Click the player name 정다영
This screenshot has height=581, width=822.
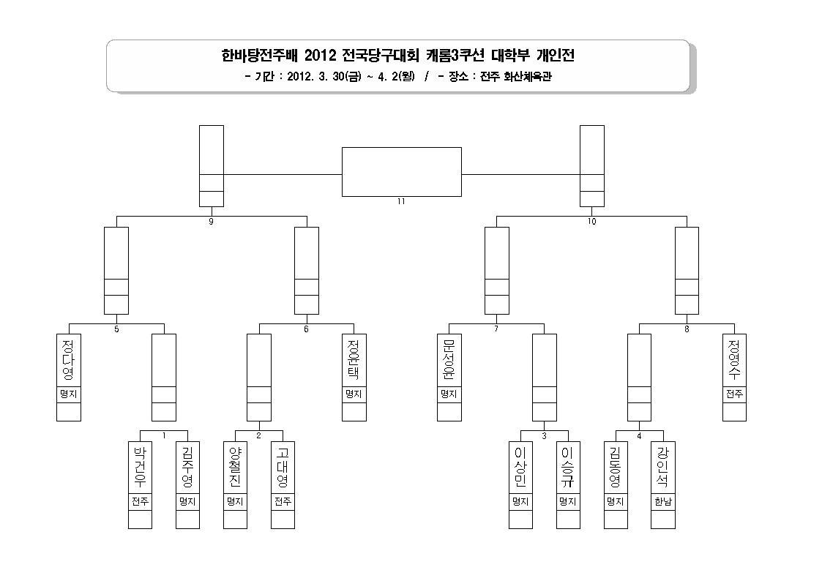pyautogui.click(x=68, y=360)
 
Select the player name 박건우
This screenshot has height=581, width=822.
pyautogui.click(x=140, y=467)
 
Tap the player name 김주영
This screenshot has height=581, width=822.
pyautogui.click(x=187, y=467)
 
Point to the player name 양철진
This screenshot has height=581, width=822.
pyautogui.click(x=235, y=467)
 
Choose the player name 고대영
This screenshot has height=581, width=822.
pyautogui.click(x=283, y=467)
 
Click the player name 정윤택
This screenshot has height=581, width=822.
pyautogui.click(x=354, y=360)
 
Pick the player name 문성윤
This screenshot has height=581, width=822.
pyautogui.click(x=449, y=360)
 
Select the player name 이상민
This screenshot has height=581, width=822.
pyautogui.click(x=520, y=467)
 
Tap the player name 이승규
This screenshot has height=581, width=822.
pyautogui.click(x=568, y=467)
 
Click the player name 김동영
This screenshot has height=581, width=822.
pyautogui.click(x=616, y=467)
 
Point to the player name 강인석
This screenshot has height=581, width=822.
pyautogui.click(x=662, y=467)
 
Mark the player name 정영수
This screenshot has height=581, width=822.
pyautogui.click(x=734, y=360)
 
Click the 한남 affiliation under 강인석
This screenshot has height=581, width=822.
pyautogui.click(x=662, y=502)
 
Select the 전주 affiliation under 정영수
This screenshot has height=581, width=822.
pyautogui.click(x=734, y=394)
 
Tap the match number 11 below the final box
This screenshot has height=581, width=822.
pyautogui.click(x=402, y=201)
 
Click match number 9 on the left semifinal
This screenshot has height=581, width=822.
pyautogui.click(x=212, y=222)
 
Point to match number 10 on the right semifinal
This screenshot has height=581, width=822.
pyautogui.click(x=592, y=222)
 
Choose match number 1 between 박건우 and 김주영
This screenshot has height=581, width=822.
pyautogui.click(x=163, y=435)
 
